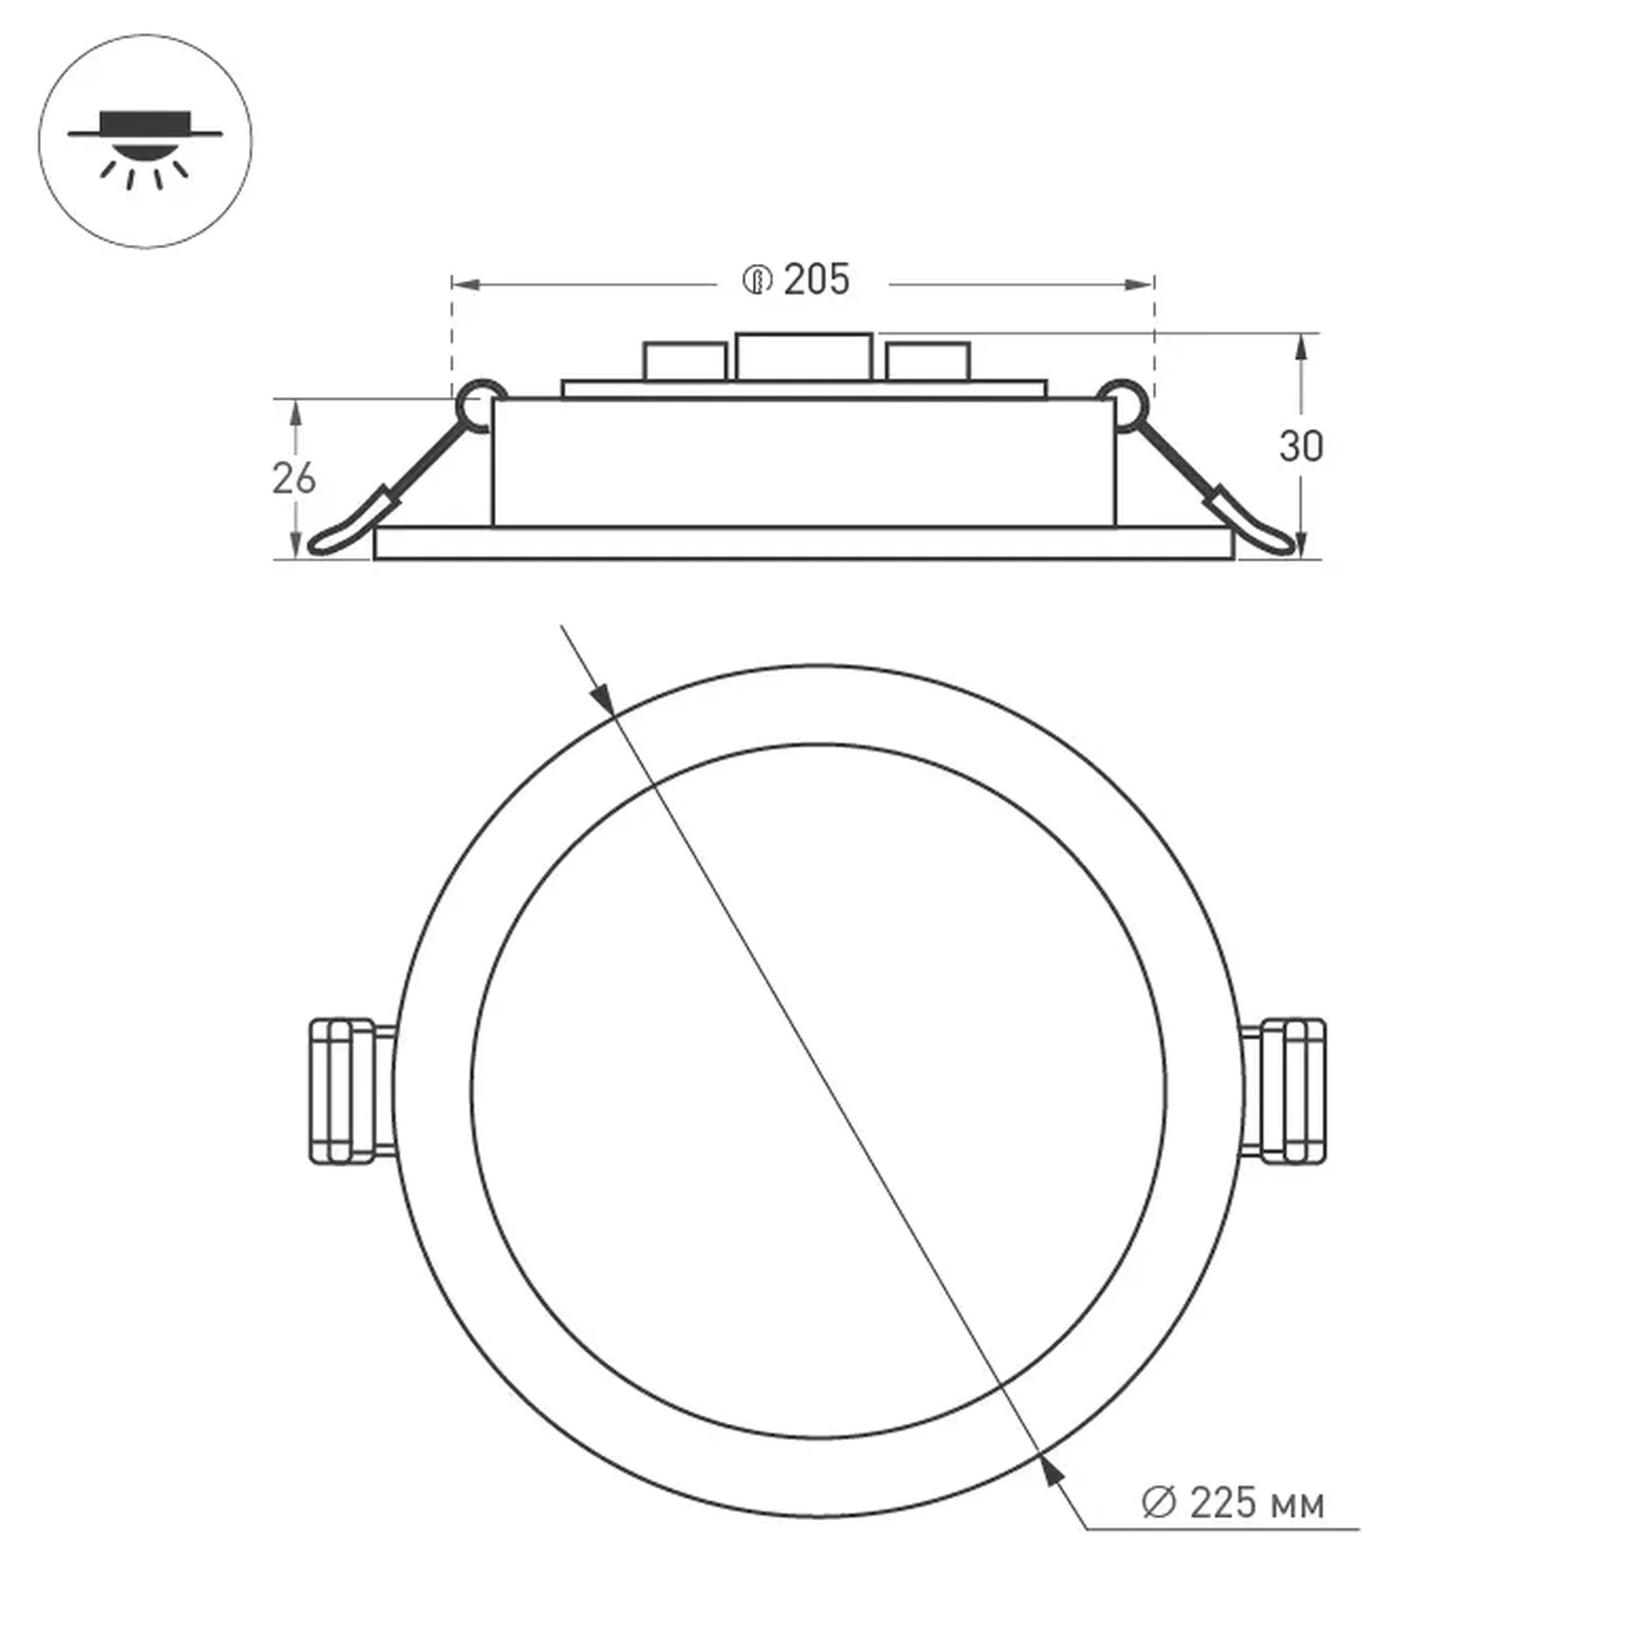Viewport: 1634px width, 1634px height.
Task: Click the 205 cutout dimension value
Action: [x=816, y=280]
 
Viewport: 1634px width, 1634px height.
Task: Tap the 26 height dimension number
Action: [x=294, y=479]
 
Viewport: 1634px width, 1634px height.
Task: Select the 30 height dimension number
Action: [x=1301, y=446]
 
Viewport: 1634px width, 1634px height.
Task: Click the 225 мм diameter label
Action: [x=1256, y=1504]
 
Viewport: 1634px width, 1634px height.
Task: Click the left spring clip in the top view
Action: [x=350, y=1091]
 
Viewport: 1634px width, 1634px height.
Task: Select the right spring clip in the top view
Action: [x=1285, y=1091]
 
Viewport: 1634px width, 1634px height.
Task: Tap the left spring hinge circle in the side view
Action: [x=481, y=404]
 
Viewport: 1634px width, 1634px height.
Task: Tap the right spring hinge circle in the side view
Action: [x=1124, y=404]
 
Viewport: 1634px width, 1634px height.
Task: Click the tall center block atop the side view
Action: [x=804, y=357]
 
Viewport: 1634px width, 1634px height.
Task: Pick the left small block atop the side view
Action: [x=684, y=362]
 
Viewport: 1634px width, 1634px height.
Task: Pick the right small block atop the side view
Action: [x=927, y=362]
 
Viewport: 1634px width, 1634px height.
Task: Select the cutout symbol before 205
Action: [x=757, y=281]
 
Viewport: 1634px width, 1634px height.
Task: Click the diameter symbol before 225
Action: [x=1158, y=1503]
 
